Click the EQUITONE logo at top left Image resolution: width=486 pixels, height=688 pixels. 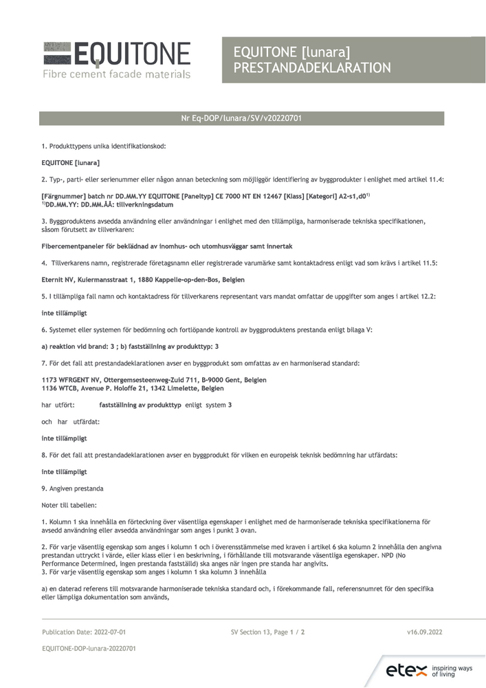coord(117,58)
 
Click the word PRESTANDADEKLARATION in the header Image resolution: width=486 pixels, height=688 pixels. coord(312,67)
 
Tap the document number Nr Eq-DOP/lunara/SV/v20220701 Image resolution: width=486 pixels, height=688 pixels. coord(241,118)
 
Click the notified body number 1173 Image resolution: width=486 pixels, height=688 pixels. coord(49,380)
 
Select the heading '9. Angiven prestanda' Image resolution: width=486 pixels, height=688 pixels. coord(72,488)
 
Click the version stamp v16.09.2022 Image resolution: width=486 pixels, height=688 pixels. coord(424,631)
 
